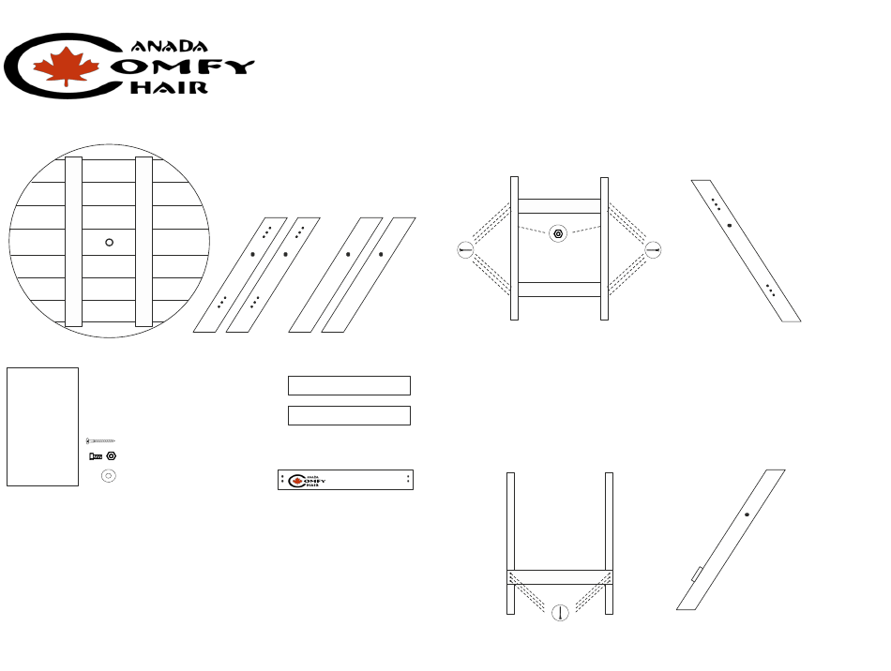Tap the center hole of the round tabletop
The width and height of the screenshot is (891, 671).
point(109,242)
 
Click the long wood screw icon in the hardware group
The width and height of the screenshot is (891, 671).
point(100,440)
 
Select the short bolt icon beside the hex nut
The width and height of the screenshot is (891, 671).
point(96,455)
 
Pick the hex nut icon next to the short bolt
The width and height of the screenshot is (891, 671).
point(112,455)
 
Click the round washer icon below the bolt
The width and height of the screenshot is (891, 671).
point(108,476)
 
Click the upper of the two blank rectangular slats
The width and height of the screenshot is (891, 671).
point(349,385)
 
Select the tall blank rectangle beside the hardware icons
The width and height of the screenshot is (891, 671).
point(42,426)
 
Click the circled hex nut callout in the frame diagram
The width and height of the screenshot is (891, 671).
point(558,233)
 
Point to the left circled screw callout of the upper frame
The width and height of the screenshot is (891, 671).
point(465,249)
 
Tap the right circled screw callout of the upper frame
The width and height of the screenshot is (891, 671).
point(654,249)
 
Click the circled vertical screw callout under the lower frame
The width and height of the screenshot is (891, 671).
point(560,613)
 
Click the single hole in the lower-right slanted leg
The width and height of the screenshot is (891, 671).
point(747,514)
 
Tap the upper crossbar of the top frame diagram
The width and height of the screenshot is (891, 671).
point(560,206)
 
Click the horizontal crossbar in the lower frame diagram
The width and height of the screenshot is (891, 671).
point(560,577)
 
